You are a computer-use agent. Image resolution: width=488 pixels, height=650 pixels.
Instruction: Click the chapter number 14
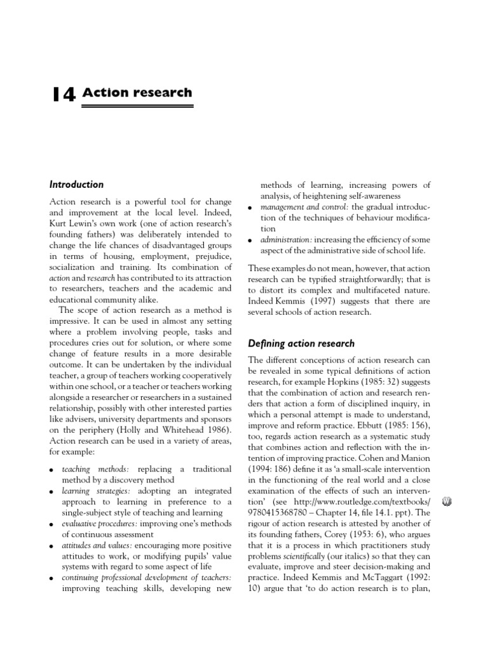pyautogui.click(x=64, y=95)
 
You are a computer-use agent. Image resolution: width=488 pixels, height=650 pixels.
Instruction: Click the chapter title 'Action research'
pyautogui.click(x=137, y=93)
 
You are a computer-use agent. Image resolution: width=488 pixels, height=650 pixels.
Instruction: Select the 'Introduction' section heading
pyautogui.click(x=76, y=185)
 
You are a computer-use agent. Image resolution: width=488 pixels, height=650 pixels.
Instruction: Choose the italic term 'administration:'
pyautogui.click(x=286, y=239)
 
